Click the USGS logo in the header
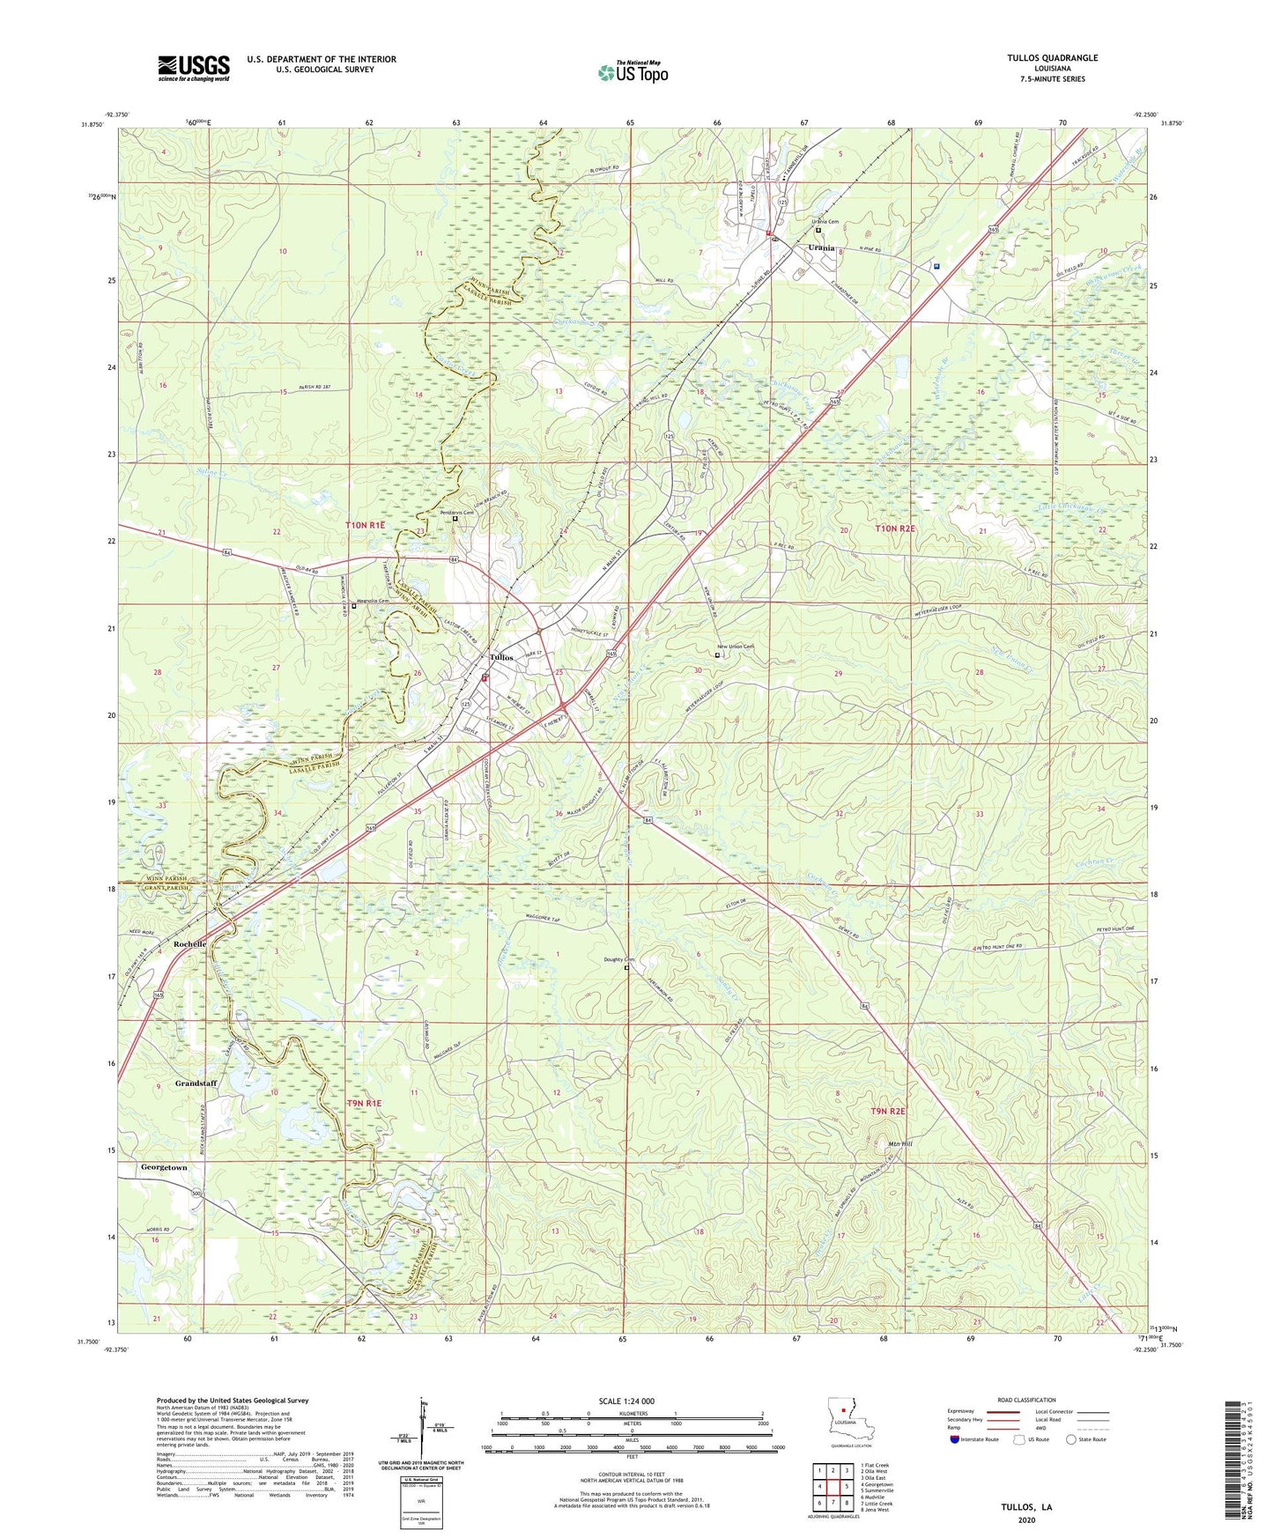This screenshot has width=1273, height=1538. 194,67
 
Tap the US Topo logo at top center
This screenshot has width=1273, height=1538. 633,72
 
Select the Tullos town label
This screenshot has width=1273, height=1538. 501,657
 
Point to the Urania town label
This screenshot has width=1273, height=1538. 821,248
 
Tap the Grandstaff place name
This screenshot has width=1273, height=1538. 196,1083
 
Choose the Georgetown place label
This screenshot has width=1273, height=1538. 164,1167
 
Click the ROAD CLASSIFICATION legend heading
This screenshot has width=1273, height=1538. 1026,1400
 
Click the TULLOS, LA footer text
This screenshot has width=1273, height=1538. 1026,1507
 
